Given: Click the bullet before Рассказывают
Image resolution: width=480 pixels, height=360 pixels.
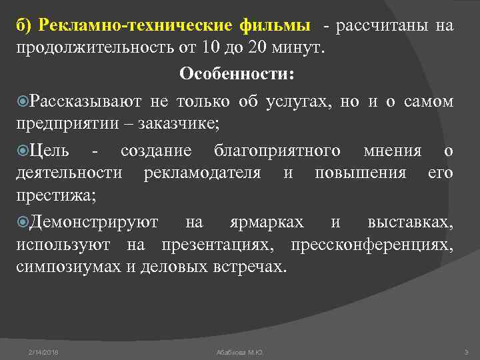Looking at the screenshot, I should (x=22, y=101).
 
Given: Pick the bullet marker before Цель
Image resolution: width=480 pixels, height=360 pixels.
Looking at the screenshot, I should (x=22, y=151).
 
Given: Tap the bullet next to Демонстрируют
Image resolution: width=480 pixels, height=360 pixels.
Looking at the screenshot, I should (x=22, y=221).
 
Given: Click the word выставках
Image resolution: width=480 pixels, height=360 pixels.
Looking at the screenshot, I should (x=409, y=221).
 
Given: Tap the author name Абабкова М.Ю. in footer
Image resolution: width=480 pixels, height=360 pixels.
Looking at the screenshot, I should (x=240, y=351).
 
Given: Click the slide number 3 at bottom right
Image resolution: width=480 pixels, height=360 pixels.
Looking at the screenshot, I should (x=466, y=351).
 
